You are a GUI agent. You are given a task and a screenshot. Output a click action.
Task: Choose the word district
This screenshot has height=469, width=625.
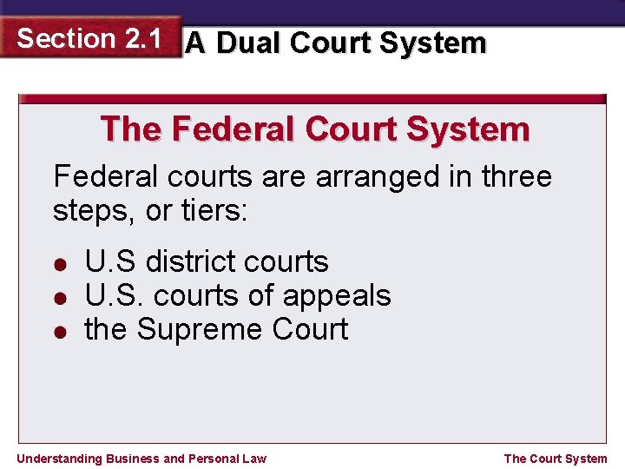click(190, 261)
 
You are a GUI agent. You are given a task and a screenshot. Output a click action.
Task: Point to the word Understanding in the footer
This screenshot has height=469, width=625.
click(59, 459)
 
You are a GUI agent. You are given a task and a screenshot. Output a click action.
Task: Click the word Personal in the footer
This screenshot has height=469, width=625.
click(215, 459)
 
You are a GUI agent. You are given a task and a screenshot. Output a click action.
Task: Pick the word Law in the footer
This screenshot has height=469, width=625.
click(255, 459)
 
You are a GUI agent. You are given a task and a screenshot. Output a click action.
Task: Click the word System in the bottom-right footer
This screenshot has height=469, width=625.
click(586, 459)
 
